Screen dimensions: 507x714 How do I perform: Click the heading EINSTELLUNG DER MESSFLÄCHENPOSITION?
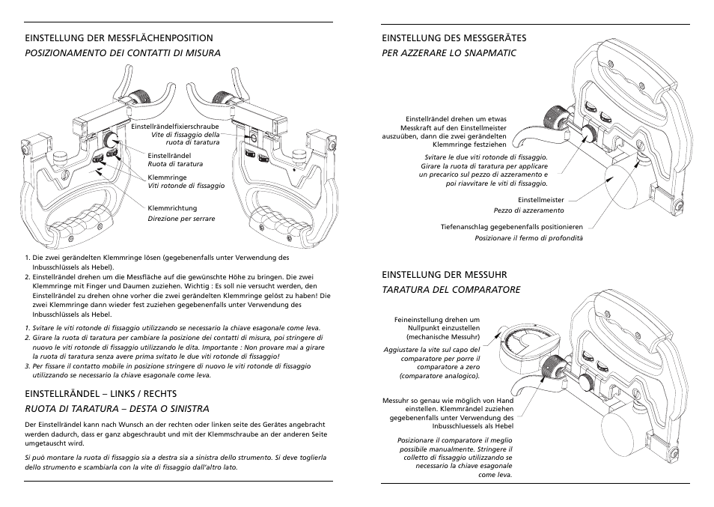119,37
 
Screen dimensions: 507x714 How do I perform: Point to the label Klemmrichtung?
172,207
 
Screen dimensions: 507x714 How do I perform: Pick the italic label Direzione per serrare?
181,219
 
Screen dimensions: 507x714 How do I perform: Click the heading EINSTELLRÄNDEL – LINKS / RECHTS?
101,393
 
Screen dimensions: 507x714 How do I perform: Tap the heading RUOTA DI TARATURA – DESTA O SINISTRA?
117,408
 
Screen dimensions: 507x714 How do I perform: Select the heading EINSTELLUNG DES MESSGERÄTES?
454,37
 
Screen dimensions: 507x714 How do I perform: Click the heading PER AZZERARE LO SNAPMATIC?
450,52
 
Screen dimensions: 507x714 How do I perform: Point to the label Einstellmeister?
541,200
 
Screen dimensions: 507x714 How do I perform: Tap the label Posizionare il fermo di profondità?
528,238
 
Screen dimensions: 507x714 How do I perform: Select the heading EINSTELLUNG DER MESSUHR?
445,275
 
